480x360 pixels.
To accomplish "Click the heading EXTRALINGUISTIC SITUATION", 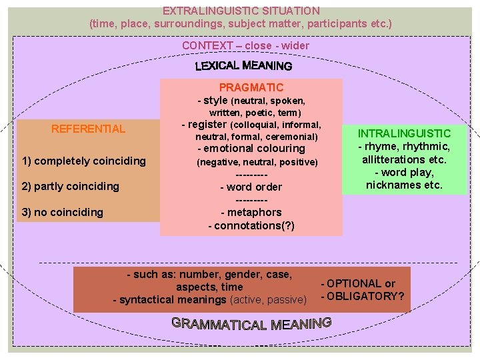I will pos(241,11).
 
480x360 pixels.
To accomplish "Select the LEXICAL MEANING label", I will pos(243,65).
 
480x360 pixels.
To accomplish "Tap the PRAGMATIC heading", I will pos(251,87).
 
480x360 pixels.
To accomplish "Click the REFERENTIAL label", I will pos(88,129).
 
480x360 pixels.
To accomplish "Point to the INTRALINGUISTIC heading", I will pos(404,133).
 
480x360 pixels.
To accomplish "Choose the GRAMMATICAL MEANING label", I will pos(251,324).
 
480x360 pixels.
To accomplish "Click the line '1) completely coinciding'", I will pos(83,161).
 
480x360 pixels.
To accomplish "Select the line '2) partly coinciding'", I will pos(70,186).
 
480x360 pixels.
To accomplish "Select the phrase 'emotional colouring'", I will pos(254,148).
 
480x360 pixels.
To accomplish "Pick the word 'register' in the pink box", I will pos(208,124).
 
